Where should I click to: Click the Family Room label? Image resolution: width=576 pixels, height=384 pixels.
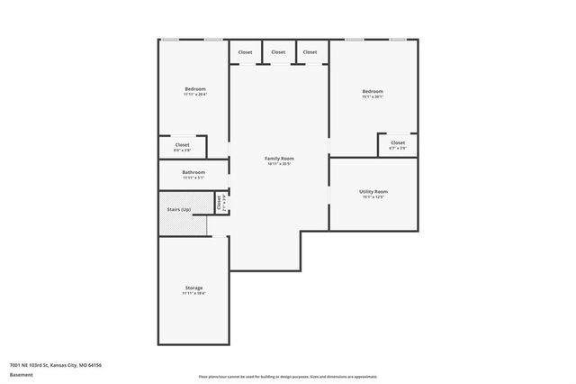pos(279,158)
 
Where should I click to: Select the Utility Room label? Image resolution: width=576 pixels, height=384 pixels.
pos(373,191)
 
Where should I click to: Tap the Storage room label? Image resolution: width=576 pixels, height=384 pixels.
pos(193,288)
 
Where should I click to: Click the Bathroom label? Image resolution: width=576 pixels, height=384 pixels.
pos(193,172)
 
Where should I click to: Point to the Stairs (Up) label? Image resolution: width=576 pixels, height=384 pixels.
pos(178,209)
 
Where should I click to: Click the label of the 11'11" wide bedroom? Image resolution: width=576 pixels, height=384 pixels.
pos(195,89)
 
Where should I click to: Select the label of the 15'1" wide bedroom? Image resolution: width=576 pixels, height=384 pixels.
pos(373,91)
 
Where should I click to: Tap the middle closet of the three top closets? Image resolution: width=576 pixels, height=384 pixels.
pos(278,52)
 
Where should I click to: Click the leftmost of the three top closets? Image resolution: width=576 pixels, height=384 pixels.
pos(246,52)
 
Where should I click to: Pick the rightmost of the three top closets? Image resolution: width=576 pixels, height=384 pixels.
pos(310,52)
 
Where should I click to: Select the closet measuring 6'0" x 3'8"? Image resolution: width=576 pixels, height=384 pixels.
pos(182,145)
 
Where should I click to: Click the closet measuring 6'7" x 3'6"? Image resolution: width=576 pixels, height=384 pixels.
pos(397,142)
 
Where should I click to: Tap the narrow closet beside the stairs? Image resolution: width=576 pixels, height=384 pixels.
pos(219,203)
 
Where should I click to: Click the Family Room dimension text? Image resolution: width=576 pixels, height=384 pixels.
pos(279,164)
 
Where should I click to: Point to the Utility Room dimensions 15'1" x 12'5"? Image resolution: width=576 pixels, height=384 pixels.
pos(373,197)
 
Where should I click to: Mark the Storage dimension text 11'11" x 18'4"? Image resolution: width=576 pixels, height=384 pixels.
pos(193,294)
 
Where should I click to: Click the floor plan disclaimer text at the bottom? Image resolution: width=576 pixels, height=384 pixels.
pos(287,377)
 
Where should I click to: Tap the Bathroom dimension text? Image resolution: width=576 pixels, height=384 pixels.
pos(193,178)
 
